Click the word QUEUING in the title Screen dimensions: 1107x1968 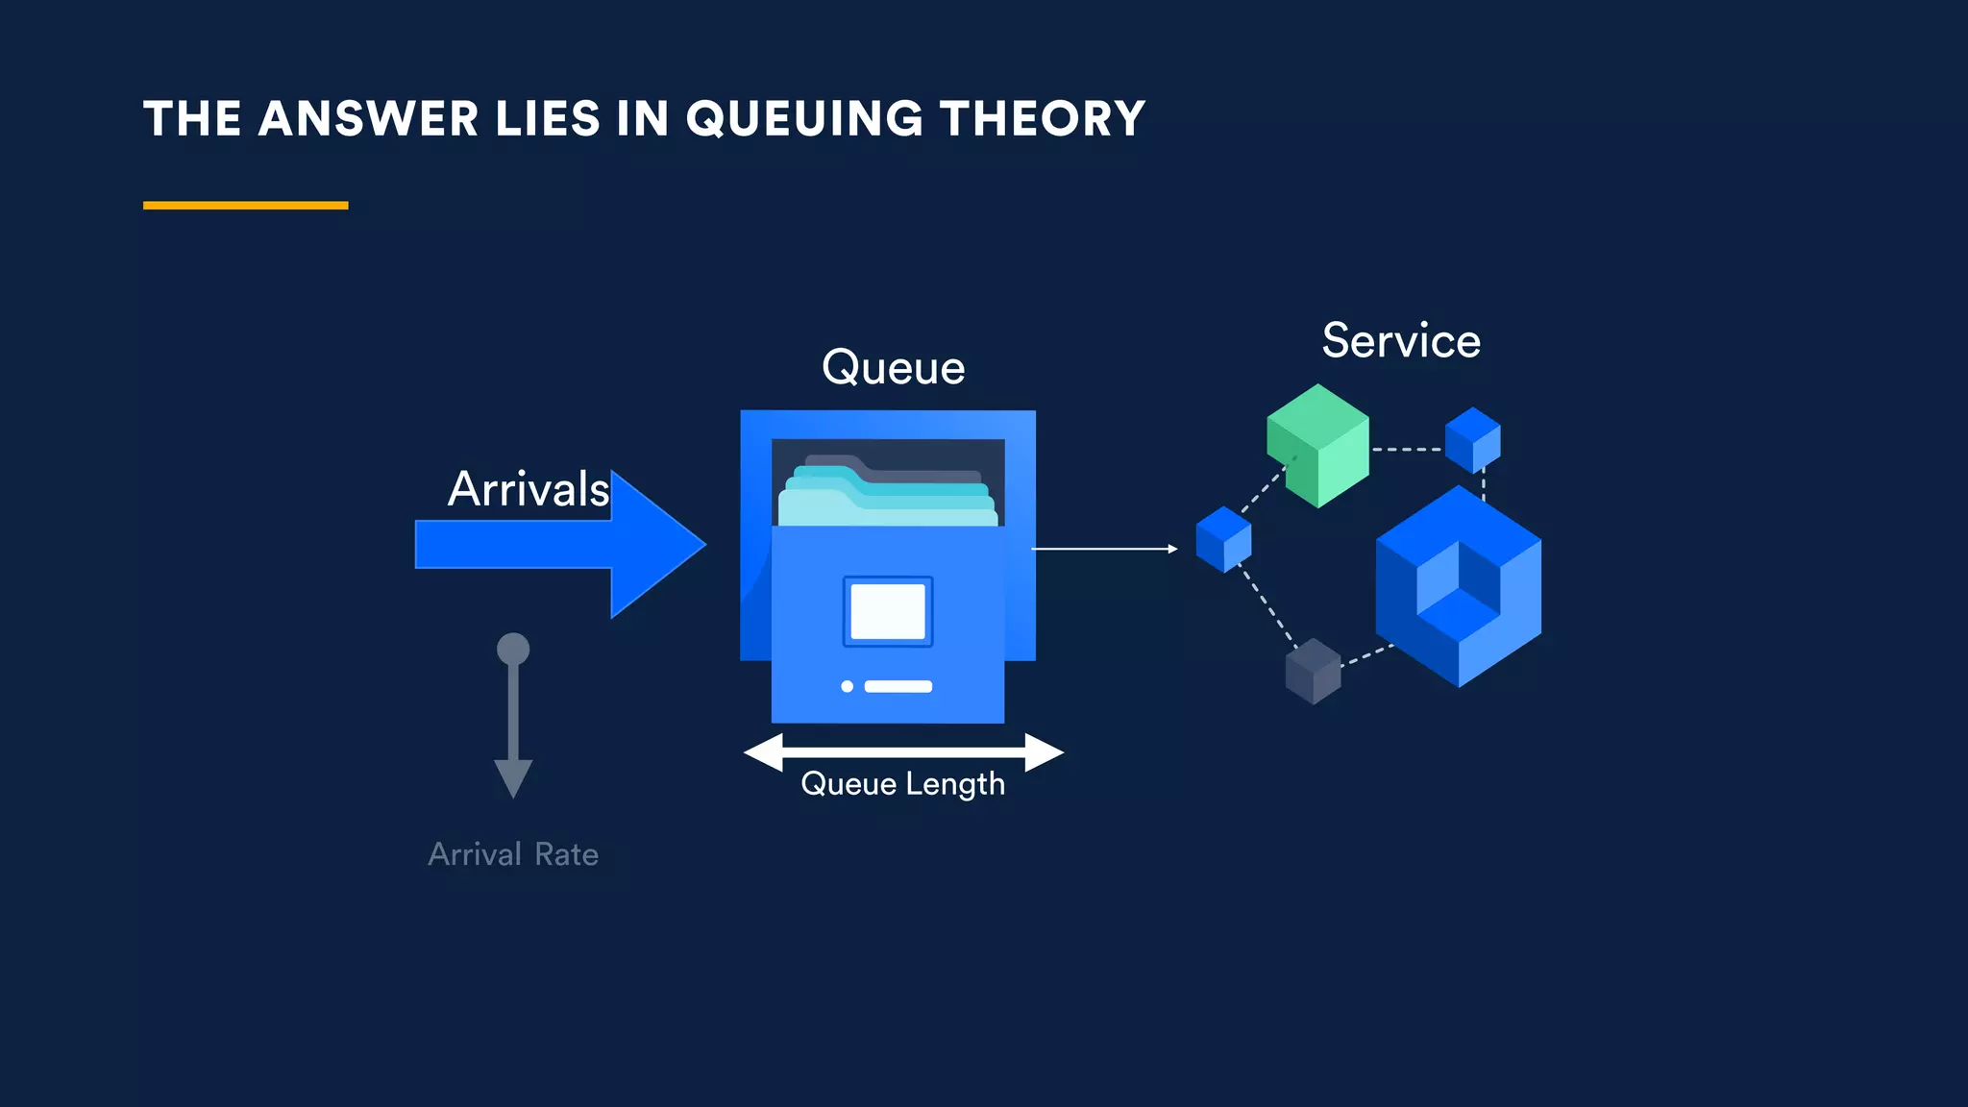805,119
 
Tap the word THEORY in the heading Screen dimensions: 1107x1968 1042,119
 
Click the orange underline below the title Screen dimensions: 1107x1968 245,205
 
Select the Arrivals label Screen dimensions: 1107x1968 528,489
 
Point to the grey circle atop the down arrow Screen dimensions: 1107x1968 513,649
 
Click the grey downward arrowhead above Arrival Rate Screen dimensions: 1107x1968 513,776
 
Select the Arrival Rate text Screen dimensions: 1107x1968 513,854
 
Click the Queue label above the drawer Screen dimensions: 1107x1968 893,368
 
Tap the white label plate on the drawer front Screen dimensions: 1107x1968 888,611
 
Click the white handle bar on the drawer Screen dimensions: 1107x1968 898,686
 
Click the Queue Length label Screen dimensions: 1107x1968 902,784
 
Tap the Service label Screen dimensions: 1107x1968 1401,341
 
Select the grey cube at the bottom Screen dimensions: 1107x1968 1313,671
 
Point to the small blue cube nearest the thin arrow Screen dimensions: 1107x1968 1223,539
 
